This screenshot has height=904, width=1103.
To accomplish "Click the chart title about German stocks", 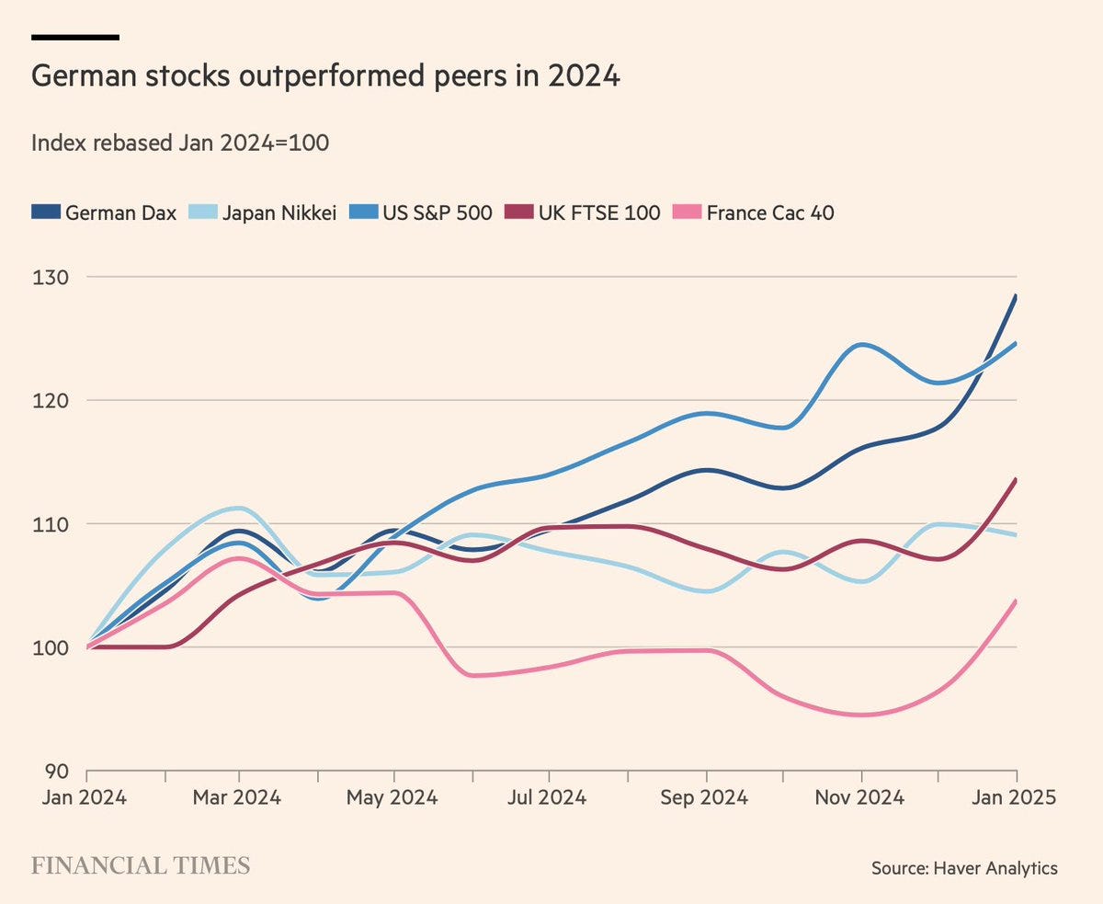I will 325,76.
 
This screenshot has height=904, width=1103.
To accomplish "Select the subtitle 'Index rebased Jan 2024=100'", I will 180,143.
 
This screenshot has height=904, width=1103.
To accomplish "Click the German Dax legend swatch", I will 44,212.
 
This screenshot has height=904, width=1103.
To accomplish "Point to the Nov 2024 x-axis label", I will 860,797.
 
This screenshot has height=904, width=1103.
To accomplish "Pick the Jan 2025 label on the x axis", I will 1015,797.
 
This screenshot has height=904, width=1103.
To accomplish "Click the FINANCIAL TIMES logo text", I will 141,866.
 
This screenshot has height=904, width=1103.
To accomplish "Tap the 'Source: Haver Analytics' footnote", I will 964,867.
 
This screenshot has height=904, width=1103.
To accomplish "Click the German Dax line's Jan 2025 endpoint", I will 1016,295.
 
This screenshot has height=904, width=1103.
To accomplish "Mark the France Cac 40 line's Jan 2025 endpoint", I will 1016,601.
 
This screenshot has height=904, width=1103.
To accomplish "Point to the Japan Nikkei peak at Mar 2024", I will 239,508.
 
